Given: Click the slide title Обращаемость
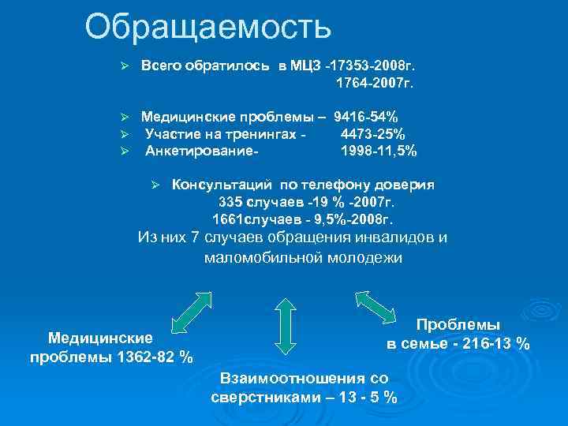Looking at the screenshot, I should tap(208, 27).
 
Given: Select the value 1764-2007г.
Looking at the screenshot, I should tap(375, 81).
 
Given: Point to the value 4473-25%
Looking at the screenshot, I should tap(372, 133).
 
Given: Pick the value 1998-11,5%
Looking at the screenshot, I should tap(378, 150).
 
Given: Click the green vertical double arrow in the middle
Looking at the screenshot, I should tap(284, 323).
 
